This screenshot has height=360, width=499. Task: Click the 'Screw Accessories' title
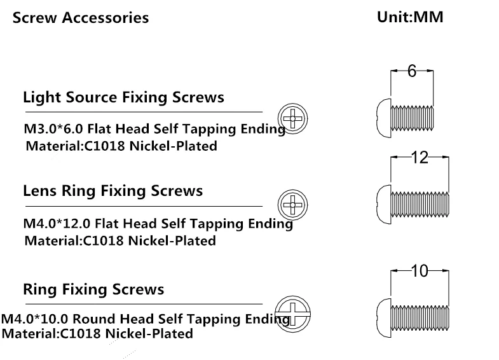(81, 17)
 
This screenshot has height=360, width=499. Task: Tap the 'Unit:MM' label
(410, 17)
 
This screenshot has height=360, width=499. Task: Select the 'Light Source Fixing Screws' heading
(123, 97)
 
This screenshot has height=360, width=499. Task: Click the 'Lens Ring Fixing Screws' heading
(113, 191)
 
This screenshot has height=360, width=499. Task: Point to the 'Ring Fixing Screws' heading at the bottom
(93, 289)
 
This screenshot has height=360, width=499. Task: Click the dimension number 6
(411, 72)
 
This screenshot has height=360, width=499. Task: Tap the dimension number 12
(420, 158)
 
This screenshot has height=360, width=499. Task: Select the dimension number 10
(420, 271)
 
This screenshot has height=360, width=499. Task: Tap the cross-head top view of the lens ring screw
(293, 204)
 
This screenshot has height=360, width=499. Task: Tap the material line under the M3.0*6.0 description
(121, 146)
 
